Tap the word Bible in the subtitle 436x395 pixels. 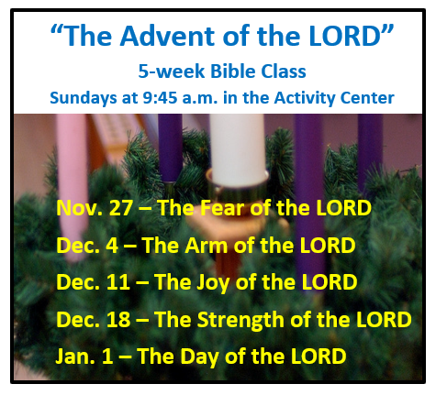pyautogui.click(x=233, y=71)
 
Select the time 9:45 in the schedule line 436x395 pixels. pyautogui.click(x=160, y=98)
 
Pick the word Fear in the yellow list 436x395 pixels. pyautogui.click(x=223, y=208)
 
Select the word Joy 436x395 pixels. pyautogui.click(x=213, y=283)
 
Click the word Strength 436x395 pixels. pyautogui.click(x=240, y=321)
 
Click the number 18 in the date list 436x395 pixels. pyautogui.click(x=118, y=320)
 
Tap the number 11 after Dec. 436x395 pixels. pyautogui.click(x=118, y=282)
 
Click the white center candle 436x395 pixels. pyautogui.click(x=238, y=149)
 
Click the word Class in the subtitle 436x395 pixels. pyautogui.click(x=284, y=71)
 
